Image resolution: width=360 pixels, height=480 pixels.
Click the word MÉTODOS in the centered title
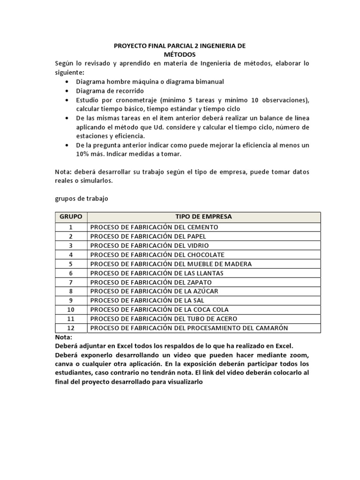(180, 54)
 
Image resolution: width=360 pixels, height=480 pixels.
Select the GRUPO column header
(71, 217)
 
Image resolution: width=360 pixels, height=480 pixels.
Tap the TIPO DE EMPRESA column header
(203, 217)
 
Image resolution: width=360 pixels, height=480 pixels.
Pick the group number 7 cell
(71, 282)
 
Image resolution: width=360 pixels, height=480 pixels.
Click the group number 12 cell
(71, 328)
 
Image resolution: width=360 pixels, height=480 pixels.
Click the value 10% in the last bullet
(83, 154)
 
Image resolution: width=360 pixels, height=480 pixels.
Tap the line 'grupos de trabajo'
(82, 199)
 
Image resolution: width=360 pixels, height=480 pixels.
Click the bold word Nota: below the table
(64, 337)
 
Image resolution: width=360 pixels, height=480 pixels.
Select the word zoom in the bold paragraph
(299, 355)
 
